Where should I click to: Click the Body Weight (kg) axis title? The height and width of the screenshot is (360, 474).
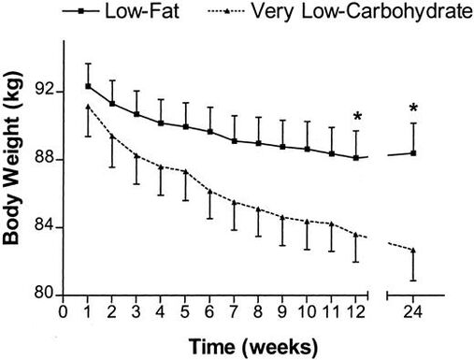coord(14,178)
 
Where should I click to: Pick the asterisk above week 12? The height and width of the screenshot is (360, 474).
coord(356,118)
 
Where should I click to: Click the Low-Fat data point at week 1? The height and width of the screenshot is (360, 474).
coord(88,86)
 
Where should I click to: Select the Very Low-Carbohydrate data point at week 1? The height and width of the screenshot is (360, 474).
coord(88,107)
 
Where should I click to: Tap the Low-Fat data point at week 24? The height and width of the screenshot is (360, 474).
coord(413,152)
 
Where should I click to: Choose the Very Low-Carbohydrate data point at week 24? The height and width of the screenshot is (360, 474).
coord(413,251)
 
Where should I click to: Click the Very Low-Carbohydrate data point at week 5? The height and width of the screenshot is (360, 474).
coord(185,172)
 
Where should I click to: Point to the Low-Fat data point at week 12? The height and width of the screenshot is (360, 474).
coord(356,158)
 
